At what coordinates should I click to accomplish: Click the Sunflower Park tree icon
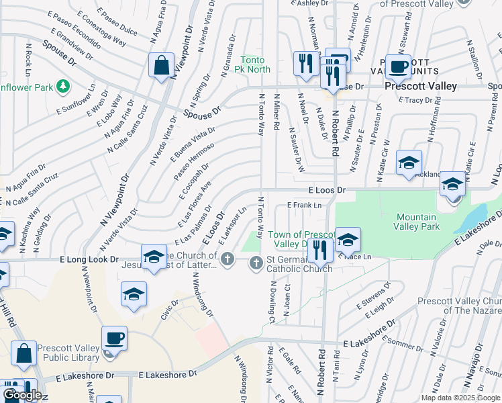(x=62, y=86)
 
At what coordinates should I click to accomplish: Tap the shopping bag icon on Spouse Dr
(x=162, y=66)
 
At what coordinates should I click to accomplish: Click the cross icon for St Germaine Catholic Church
(x=256, y=262)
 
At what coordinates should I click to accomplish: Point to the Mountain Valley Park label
(x=417, y=222)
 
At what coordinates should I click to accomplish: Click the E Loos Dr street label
(x=327, y=190)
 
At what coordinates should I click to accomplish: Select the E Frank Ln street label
(x=305, y=205)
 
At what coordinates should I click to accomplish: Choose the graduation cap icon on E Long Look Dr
(x=153, y=255)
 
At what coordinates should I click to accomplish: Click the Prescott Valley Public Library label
(x=68, y=353)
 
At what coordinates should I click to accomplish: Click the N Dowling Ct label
(x=273, y=301)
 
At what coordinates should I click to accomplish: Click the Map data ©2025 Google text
(x=460, y=398)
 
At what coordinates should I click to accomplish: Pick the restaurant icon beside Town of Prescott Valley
(x=320, y=250)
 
